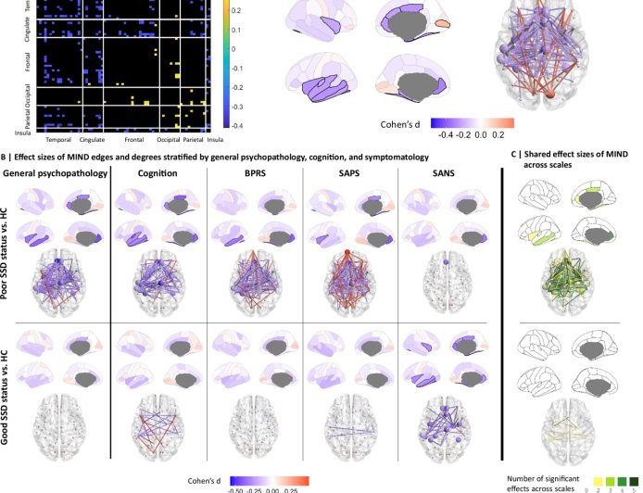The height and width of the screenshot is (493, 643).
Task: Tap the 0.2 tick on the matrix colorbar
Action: [x=236, y=11]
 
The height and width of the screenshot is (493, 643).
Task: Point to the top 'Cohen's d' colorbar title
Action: [x=402, y=122]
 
